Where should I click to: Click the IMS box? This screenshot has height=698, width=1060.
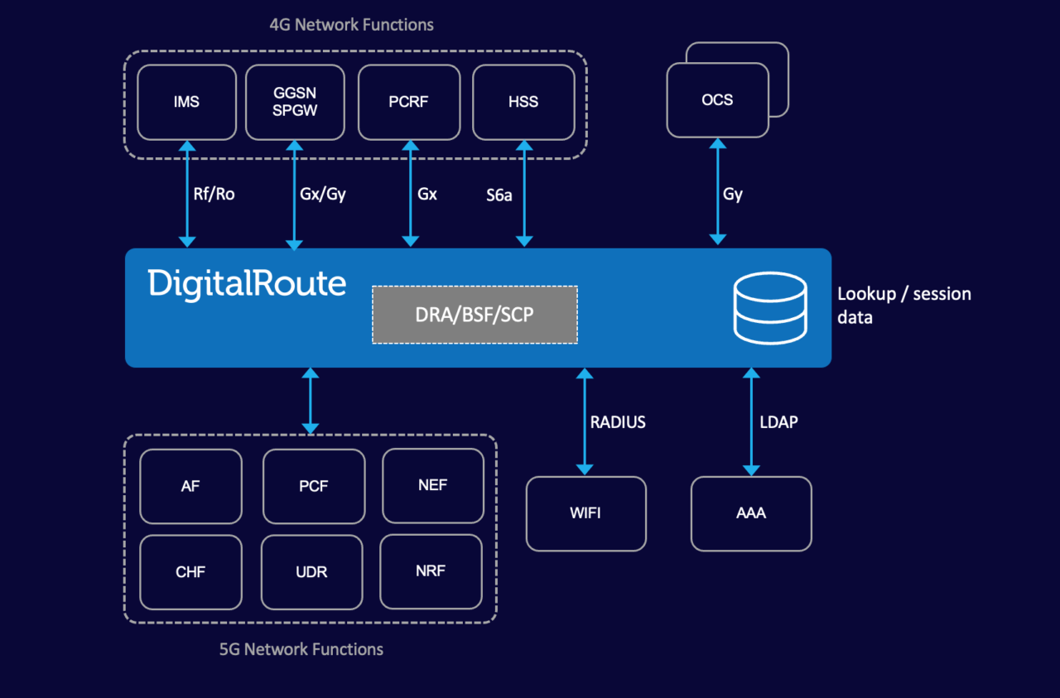(187, 103)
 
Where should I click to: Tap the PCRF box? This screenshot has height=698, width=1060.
(409, 103)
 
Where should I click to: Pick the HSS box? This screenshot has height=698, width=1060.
(523, 103)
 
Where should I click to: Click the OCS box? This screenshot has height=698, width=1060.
(717, 100)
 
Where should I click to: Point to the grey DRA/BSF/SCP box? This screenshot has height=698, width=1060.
(475, 315)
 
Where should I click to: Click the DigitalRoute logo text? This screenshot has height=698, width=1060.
(247, 284)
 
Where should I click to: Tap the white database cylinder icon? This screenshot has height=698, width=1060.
(770, 307)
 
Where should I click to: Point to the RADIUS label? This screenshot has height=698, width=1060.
(618, 422)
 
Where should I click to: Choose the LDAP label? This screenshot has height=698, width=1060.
(778, 422)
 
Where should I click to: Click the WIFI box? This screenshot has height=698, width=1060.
(586, 513)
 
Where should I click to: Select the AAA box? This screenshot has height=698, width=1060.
(751, 513)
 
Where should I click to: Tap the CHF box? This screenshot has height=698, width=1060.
(190, 572)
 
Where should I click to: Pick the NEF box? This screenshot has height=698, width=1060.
(433, 486)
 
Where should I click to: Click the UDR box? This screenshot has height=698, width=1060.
(312, 572)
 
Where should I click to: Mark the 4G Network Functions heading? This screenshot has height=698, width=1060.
(352, 25)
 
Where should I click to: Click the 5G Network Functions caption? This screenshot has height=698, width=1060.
(301, 649)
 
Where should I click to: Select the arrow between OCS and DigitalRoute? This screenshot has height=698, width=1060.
(717, 192)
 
